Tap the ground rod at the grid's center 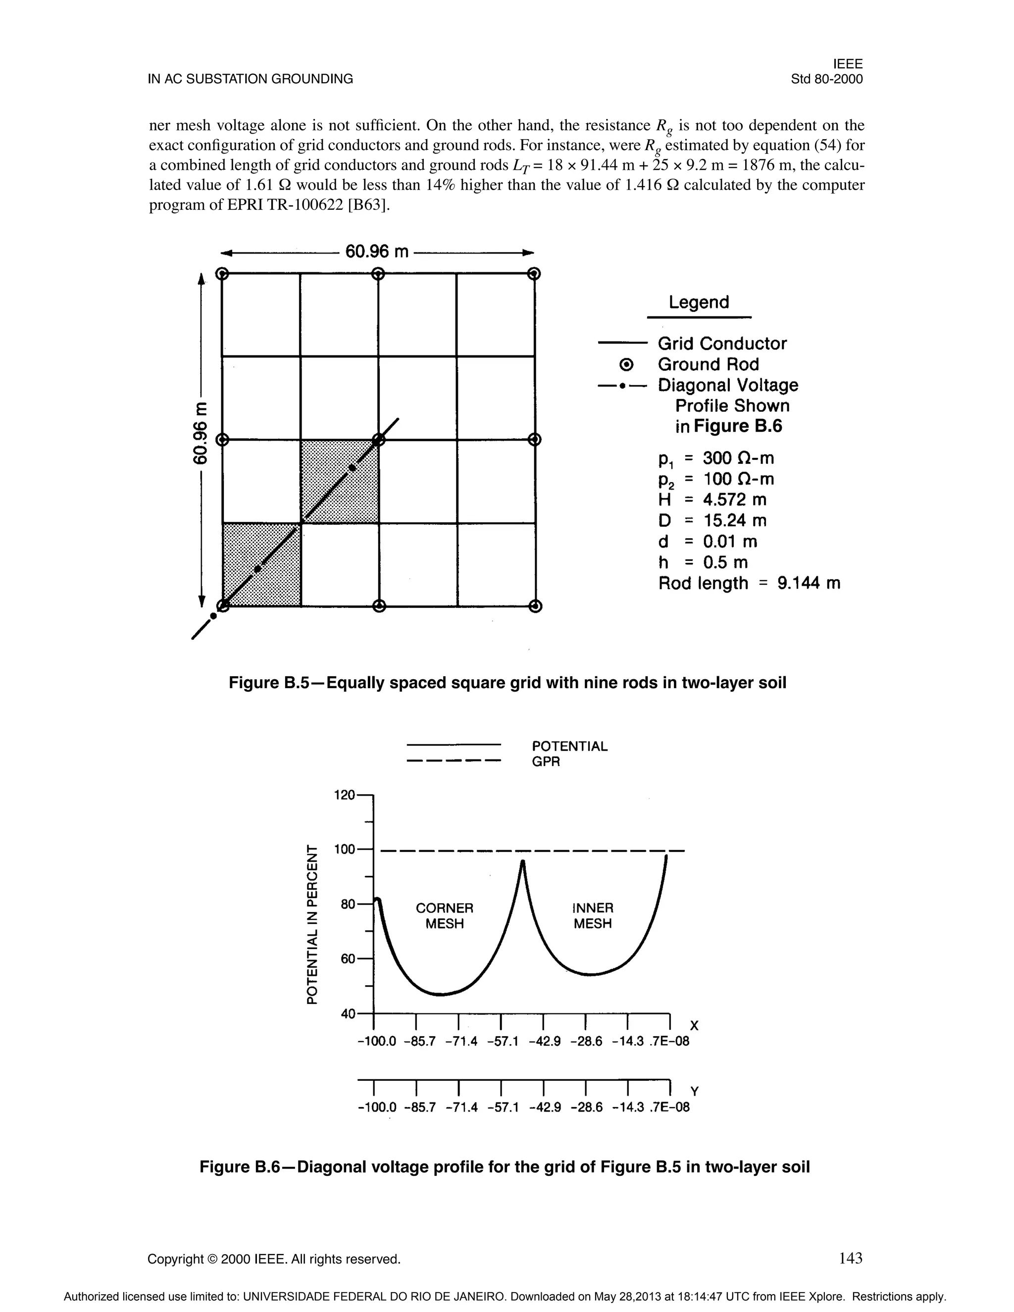378,440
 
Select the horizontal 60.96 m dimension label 377,251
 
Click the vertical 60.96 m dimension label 199,433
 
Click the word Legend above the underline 699,302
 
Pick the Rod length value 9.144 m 809,583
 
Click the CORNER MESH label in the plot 445,915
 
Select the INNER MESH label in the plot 592,915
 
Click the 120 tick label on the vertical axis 345,795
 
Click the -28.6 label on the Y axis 586,1107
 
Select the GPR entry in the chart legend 546,762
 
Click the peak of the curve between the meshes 522,862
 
